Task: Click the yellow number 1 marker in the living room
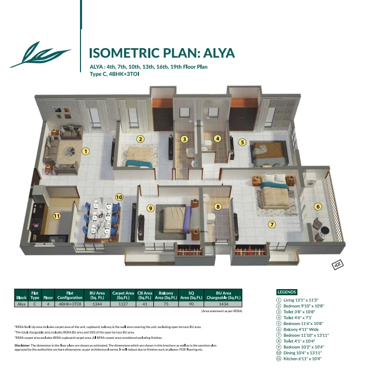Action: tap(86, 151)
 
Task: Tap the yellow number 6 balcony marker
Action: tap(318, 207)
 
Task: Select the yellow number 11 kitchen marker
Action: tap(57, 216)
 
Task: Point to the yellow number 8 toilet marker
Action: tap(218, 207)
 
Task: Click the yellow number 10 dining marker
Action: tap(119, 197)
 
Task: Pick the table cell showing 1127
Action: tap(123, 304)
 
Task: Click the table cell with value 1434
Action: tap(223, 304)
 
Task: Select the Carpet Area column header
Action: tap(123, 295)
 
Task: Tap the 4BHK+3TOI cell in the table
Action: tap(70, 304)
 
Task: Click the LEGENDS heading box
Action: tap(287, 292)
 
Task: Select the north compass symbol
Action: tap(338, 264)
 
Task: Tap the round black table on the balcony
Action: tap(325, 231)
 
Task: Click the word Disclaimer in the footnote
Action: tap(22, 345)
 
